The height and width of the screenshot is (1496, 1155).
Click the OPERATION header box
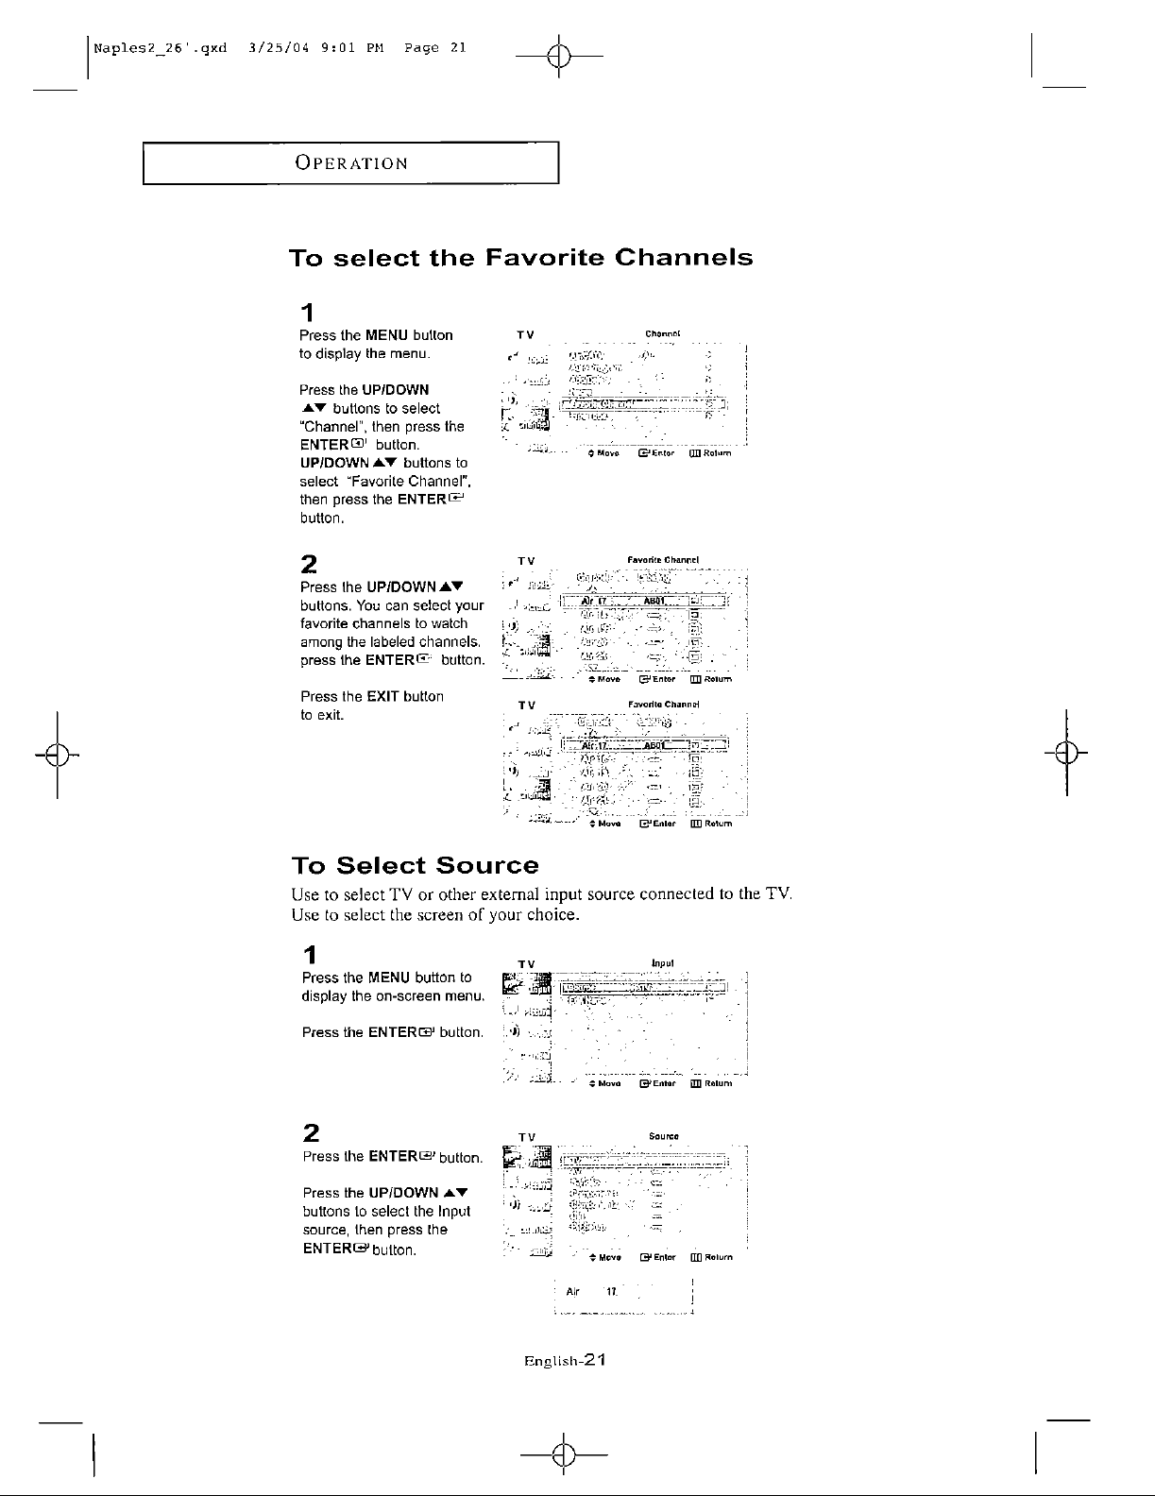[x=351, y=162]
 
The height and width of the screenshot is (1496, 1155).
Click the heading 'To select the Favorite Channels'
[x=520, y=258]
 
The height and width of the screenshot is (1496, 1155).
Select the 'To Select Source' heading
[x=415, y=865]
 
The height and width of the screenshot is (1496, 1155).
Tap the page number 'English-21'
[x=564, y=1361]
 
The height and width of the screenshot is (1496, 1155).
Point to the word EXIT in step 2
[x=382, y=696]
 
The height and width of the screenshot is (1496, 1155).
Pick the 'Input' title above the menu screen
[x=662, y=963]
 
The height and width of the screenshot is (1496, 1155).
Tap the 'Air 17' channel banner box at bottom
[x=622, y=1292]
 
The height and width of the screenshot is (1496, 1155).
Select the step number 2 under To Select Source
[x=309, y=1132]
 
